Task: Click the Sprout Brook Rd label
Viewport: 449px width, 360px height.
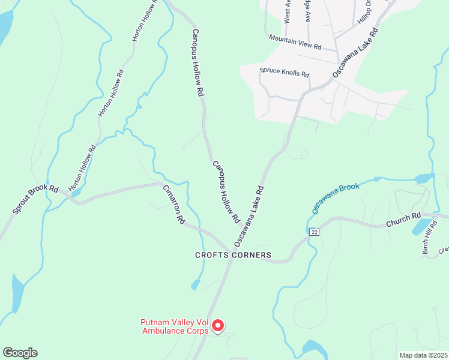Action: tap(35, 200)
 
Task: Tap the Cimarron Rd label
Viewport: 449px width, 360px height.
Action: tap(173, 205)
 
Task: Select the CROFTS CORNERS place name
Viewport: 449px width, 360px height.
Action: tap(233, 255)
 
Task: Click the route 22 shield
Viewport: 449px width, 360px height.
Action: tap(313, 232)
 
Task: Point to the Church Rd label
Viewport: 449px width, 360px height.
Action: tap(404, 221)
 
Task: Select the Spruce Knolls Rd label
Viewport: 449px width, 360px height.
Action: tap(285, 73)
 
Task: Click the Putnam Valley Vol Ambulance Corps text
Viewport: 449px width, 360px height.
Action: tap(175, 326)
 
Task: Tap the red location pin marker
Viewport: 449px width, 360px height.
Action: tap(218, 325)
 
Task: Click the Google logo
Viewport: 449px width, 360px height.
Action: tap(20, 353)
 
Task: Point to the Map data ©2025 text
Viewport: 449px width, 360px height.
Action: tap(423, 355)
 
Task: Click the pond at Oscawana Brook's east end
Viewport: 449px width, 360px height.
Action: tap(423, 178)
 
